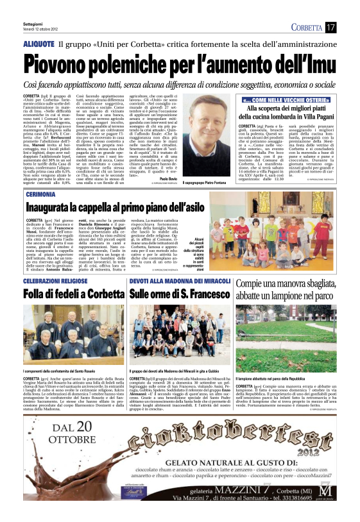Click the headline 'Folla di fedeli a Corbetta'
[x=65, y=294]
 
